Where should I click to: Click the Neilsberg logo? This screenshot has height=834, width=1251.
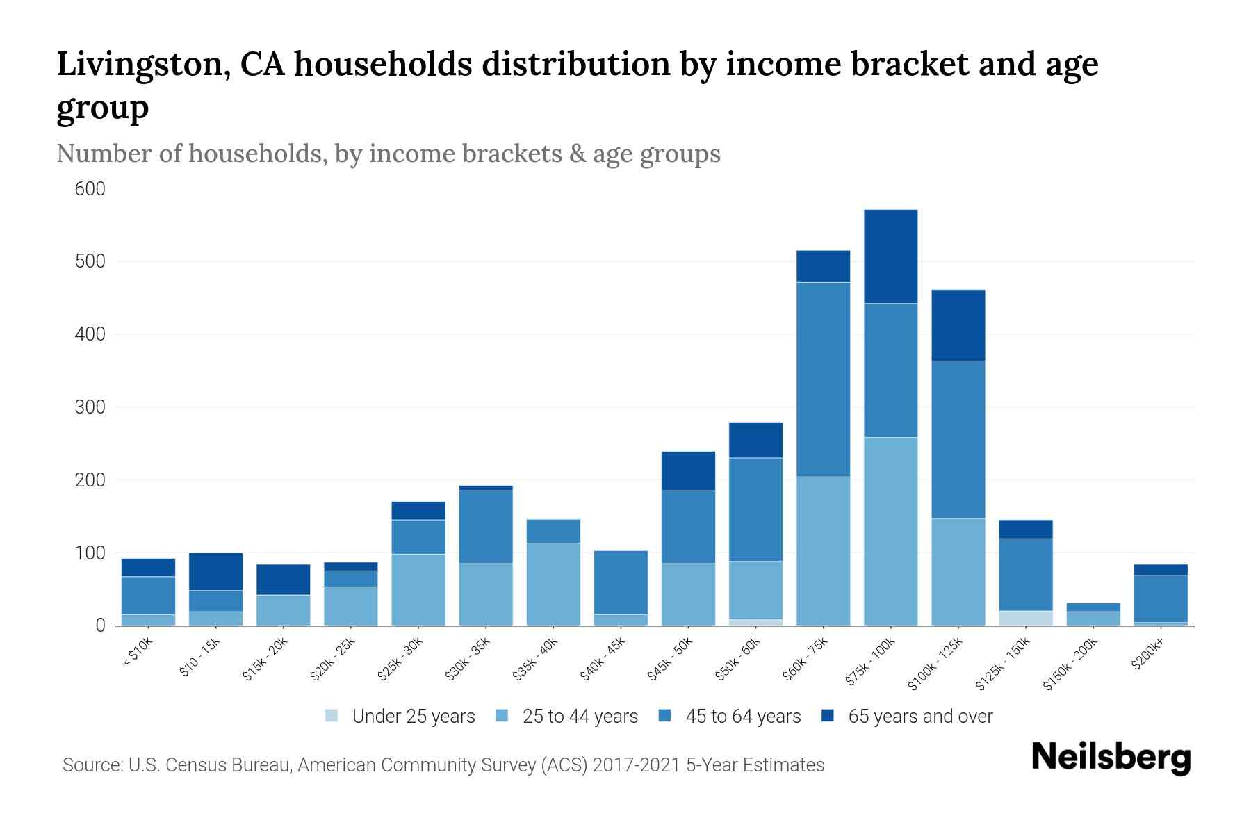click(x=1111, y=758)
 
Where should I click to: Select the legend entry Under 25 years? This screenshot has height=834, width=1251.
click(x=414, y=717)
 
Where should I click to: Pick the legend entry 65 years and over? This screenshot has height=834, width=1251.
click(x=920, y=717)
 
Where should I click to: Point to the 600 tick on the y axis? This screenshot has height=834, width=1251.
click(x=90, y=189)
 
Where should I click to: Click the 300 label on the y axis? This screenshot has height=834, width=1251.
click(x=90, y=407)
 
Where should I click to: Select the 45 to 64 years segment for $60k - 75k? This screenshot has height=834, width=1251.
click(x=823, y=379)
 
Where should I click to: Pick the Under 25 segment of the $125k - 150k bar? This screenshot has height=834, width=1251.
click(x=1025, y=618)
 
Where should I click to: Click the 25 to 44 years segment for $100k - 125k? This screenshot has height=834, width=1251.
click(x=958, y=571)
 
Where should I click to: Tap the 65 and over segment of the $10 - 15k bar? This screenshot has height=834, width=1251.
click(x=215, y=571)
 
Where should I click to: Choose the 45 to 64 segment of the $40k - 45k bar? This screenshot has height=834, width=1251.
click(x=621, y=582)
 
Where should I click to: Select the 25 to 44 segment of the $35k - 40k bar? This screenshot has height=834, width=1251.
click(x=553, y=584)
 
